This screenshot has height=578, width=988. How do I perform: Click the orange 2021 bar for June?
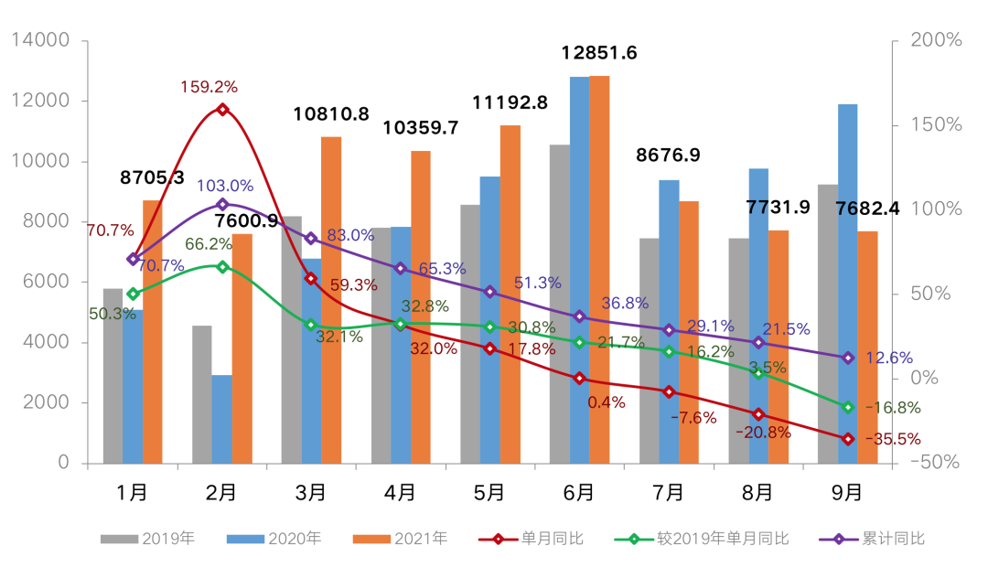599,270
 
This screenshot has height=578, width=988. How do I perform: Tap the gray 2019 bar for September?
827,324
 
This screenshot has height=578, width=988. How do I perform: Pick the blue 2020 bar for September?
847,284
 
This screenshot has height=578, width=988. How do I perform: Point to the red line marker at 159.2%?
222,110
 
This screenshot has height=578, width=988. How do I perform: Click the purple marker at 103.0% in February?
222,205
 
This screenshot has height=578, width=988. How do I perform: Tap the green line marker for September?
848,407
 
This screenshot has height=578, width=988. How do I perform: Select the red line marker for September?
848,439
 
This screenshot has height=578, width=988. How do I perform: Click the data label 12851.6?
599,53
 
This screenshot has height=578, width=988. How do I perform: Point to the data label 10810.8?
331,114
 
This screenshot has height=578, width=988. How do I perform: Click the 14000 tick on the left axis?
39,40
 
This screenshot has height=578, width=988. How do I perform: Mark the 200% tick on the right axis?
935,40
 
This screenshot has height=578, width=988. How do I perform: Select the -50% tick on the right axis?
935,463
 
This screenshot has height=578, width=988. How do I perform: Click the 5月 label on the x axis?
489,492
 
